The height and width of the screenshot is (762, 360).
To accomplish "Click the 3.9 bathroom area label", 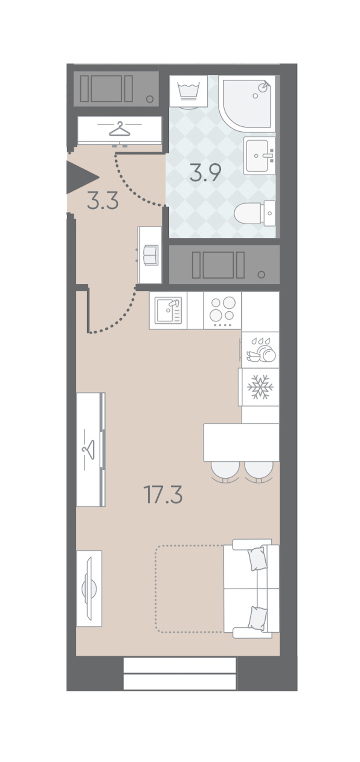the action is coord(205,173).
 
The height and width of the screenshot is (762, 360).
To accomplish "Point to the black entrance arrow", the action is coord(82,177).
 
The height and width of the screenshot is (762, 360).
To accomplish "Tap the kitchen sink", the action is coord(168,311).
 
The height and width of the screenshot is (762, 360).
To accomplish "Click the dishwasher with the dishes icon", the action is coord(260,349).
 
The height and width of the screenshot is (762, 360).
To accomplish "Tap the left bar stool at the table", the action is coord(225,471).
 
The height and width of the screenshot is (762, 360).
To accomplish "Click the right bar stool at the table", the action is coord(258,471).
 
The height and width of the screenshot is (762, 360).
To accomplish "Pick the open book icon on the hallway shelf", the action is coord(151,255).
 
